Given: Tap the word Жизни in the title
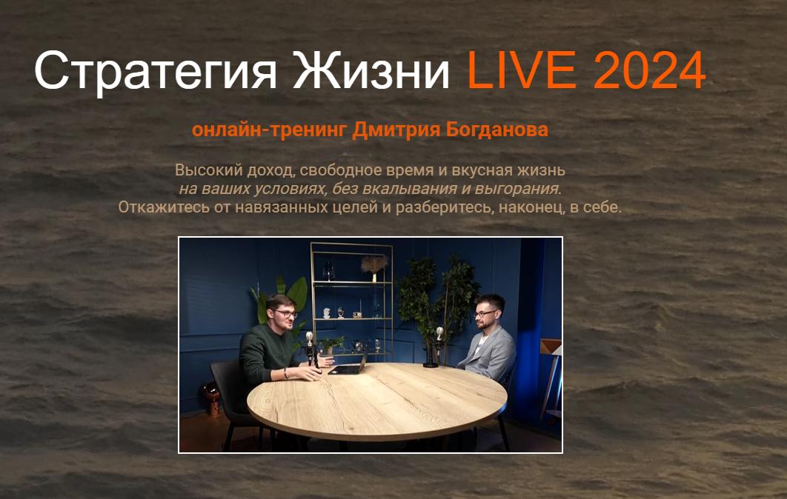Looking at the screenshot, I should pyautogui.click(x=371, y=72).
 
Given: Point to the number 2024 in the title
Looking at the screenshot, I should pyautogui.click(x=649, y=72).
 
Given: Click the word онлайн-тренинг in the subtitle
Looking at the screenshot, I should pyautogui.click(x=269, y=130).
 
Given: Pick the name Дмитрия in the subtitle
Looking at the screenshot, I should pyautogui.click(x=397, y=130).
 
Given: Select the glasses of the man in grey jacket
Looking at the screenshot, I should pyautogui.click(x=484, y=314).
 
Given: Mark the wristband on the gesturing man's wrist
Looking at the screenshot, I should pyautogui.click(x=285, y=374).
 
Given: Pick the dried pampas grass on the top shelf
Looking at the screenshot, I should pyautogui.click(x=374, y=264).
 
